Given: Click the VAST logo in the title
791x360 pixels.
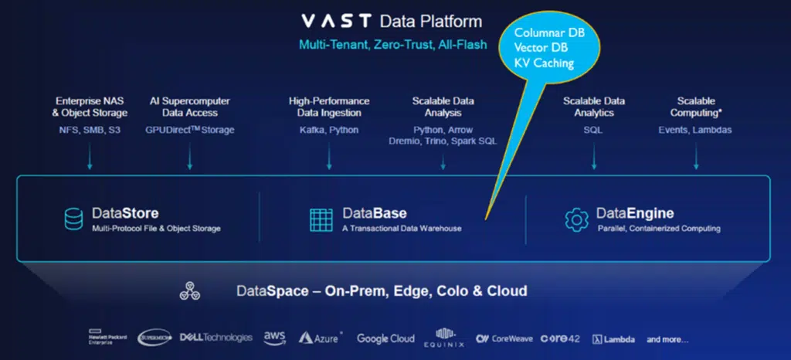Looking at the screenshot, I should pyautogui.click(x=336, y=21).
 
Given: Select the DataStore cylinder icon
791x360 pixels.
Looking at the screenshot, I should pyautogui.click(x=73, y=219).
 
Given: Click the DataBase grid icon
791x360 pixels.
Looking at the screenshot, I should pyautogui.click(x=321, y=219).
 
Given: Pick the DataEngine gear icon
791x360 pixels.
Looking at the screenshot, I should pyautogui.click(x=576, y=219).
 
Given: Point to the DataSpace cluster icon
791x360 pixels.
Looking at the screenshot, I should pyautogui.click(x=190, y=291).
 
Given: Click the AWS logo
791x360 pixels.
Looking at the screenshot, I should pyautogui.click(x=275, y=338).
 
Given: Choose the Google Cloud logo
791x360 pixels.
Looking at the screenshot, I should pyautogui.click(x=385, y=338).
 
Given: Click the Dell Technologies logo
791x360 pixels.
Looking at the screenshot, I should pyautogui.click(x=216, y=338).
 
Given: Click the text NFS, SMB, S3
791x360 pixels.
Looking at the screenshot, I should pyautogui.click(x=90, y=130).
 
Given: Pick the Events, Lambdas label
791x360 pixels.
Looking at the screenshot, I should pyautogui.click(x=695, y=130).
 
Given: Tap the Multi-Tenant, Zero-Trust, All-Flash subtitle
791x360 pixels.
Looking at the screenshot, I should pyautogui.click(x=393, y=45).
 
